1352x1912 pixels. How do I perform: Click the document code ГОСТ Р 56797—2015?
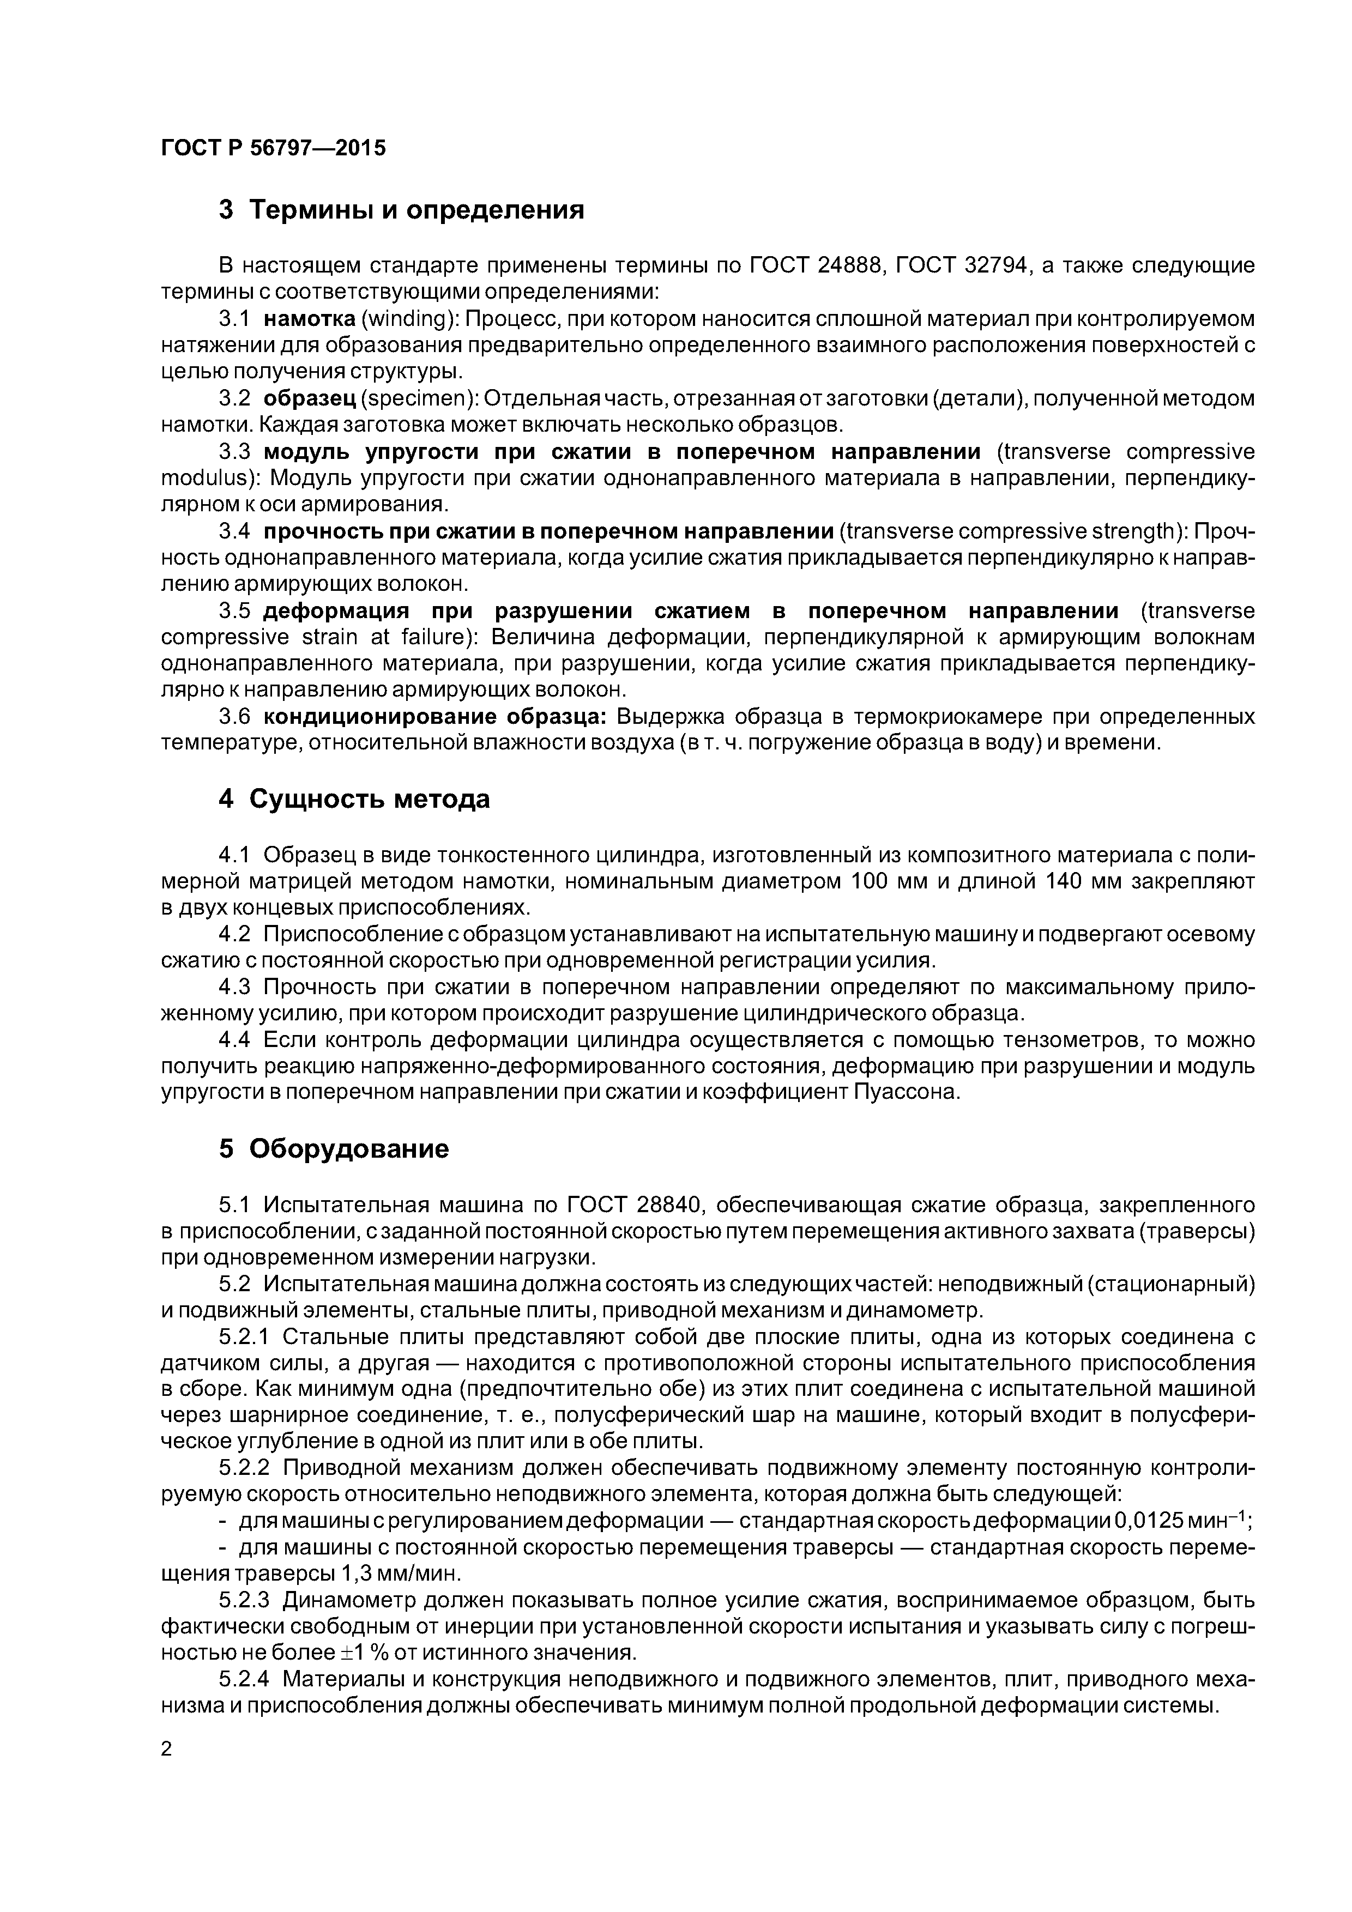tap(273, 149)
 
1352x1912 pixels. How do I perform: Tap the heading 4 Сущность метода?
tap(354, 800)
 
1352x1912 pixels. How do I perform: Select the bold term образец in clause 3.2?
tap(310, 399)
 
